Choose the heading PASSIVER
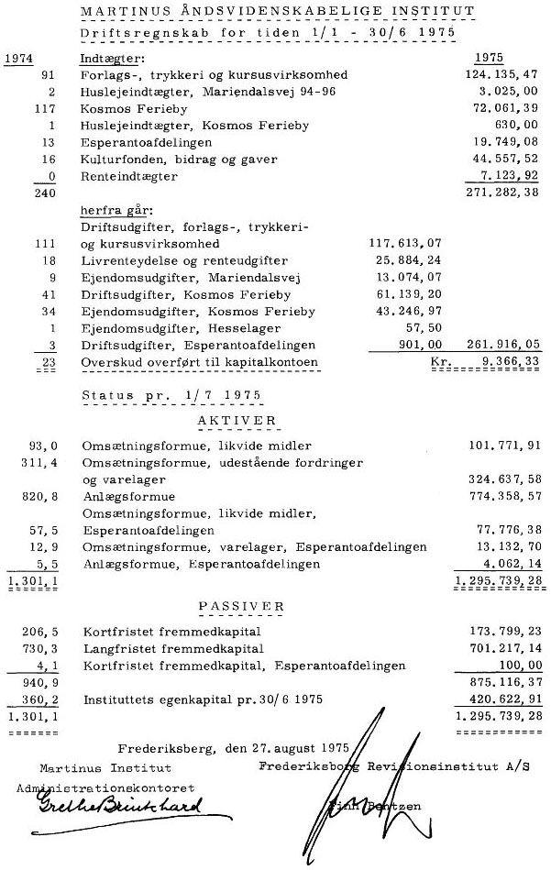(x=239, y=606)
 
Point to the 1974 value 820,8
(x=39, y=496)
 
